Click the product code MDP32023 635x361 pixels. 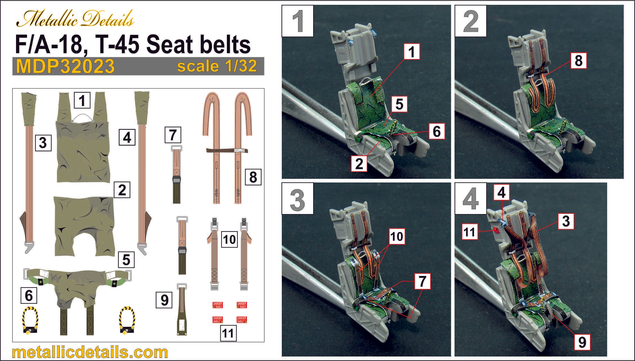coord(65,66)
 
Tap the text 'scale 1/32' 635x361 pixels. coord(217,66)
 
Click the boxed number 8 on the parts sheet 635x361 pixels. coord(253,177)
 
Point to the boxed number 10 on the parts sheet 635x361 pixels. coord(229,239)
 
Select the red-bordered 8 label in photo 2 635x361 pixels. coord(578,61)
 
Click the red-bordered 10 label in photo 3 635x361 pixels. coord(397,237)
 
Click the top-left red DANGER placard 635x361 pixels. coord(217,305)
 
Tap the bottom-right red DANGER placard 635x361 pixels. coord(242,320)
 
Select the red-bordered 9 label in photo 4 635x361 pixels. coord(582,342)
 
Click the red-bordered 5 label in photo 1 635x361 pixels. coord(399,104)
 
